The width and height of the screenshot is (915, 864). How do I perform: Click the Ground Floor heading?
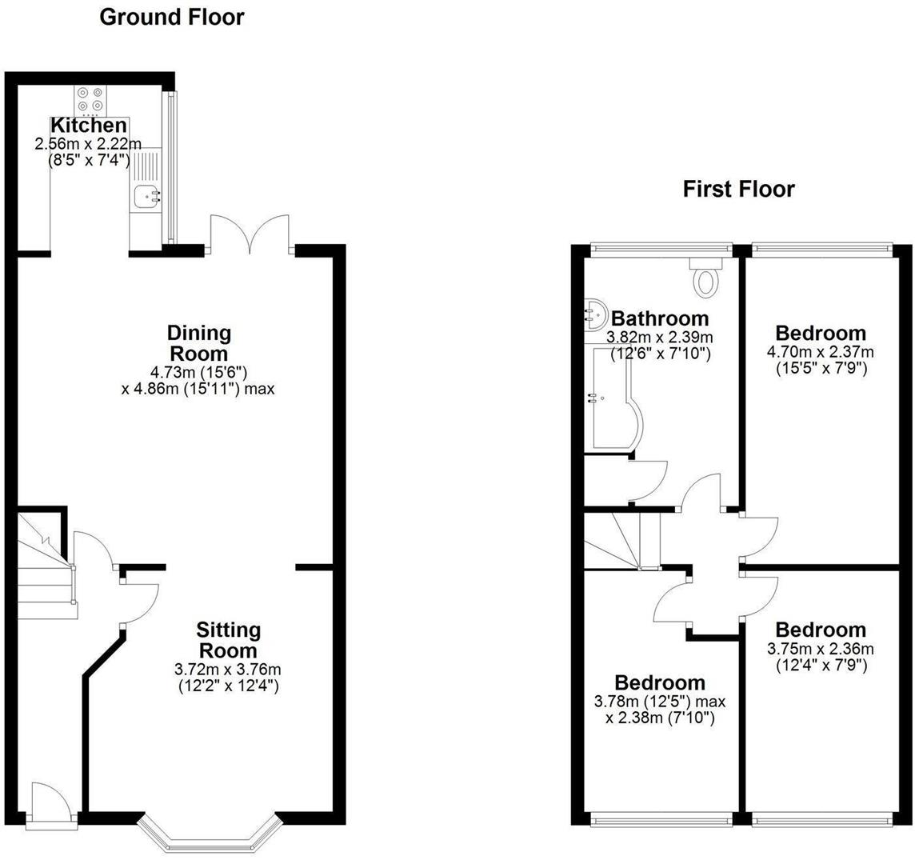coord(171,17)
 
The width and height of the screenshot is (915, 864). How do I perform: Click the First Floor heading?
coord(738,190)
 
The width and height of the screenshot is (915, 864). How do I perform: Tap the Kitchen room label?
coord(88,126)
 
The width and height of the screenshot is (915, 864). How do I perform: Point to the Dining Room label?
coord(198,342)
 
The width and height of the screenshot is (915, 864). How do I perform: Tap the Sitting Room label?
coord(228,640)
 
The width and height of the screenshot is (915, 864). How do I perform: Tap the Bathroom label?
coord(659,318)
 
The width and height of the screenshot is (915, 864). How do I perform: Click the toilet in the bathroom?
coord(706,279)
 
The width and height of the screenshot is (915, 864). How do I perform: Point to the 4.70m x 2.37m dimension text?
coord(821,352)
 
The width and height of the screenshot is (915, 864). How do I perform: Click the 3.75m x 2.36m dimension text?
coord(821,649)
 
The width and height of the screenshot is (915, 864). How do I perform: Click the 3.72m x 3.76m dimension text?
coord(227,669)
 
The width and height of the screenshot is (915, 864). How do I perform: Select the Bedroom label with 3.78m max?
coord(660,682)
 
